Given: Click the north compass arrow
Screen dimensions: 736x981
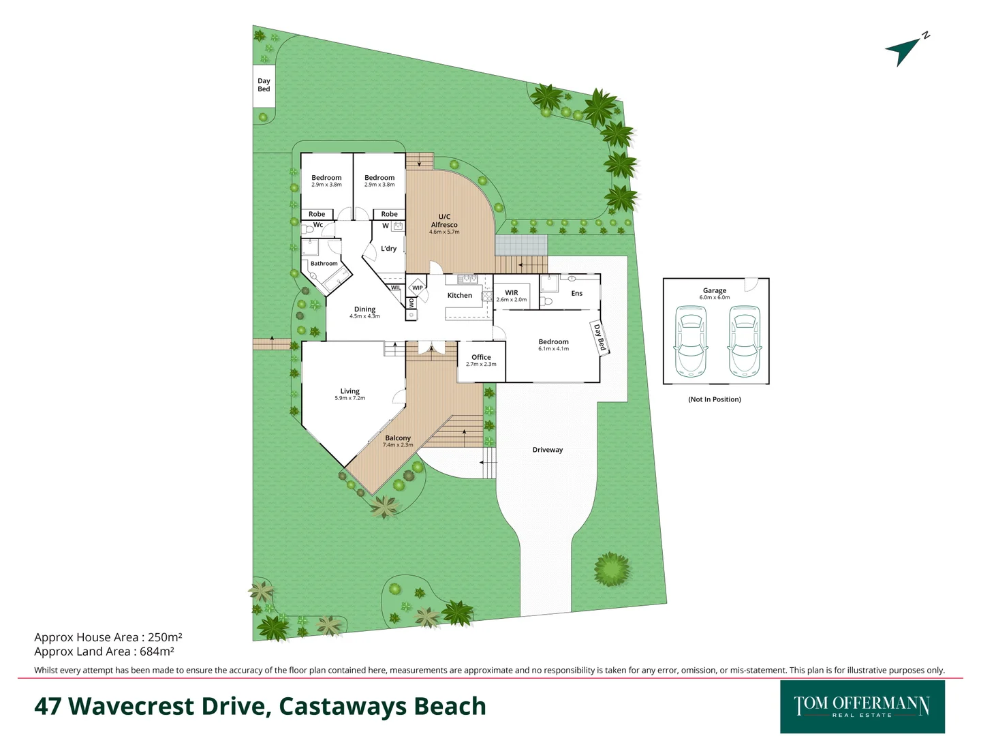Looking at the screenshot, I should point(903,50).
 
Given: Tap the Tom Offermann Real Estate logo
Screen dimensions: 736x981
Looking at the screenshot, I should point(862,707).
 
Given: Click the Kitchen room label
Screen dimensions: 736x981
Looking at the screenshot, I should point(459,296).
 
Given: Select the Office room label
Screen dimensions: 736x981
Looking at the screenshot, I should point(481,357).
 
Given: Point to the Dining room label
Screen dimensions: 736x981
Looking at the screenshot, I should point(364,309).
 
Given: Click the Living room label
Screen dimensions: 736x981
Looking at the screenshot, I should point(349,391).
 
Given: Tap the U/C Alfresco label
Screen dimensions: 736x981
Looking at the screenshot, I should point(444,221).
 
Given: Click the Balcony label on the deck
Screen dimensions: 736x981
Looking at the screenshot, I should point(398,438).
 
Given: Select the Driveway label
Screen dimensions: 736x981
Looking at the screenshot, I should point(548,450).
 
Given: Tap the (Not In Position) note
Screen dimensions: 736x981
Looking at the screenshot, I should point(715,399).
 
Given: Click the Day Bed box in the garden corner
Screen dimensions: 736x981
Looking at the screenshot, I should point(264,85).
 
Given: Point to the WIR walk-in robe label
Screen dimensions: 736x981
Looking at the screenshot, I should point(512,293).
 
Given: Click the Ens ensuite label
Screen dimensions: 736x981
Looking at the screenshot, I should point(577,294).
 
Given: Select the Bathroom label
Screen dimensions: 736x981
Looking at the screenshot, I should point(324,264).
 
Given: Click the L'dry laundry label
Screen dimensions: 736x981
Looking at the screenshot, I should point(388,249).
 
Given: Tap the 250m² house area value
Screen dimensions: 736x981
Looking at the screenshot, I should point(165,637).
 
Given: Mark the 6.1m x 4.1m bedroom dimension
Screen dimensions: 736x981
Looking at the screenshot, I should point(553,349).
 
